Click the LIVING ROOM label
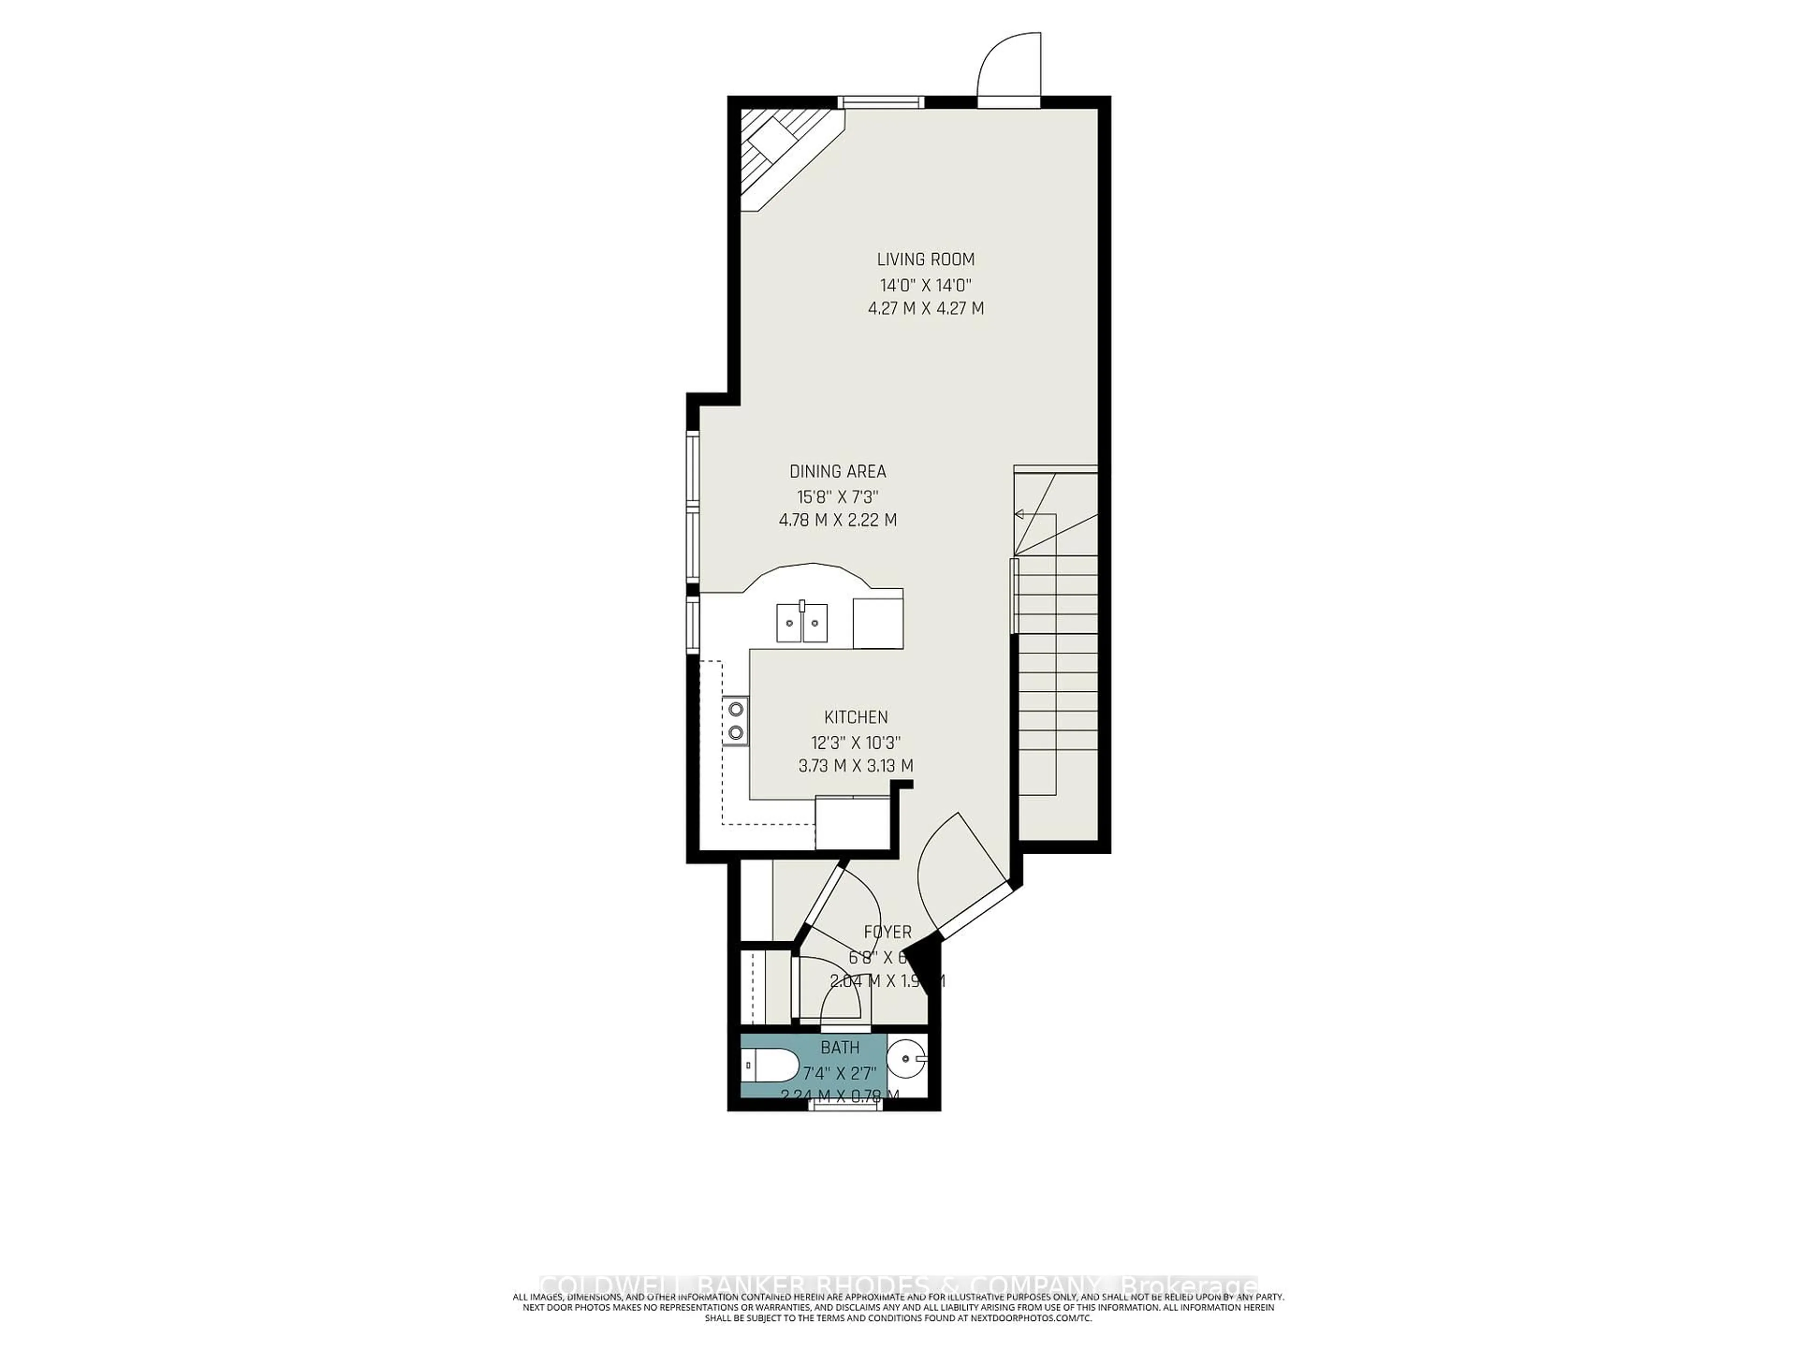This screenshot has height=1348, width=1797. pyautogui.click(x=925, y=259)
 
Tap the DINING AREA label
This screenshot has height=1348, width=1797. pyautogui.click(x=838, y=471)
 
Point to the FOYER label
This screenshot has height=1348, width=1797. pyautogui.click(x=887, y=932)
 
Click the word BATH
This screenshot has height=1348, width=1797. pyautogui.click(x=840, y=1048)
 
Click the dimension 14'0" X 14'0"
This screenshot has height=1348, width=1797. pyautogui.click(x=925, y=285)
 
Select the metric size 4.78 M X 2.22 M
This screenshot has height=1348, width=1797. pyautogui.click(x=838, y=520)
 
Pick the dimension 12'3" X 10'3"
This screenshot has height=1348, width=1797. pyautogui.click(x=855, y=742)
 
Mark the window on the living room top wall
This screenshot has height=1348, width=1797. pyautogui.click(x=882, y=102)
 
